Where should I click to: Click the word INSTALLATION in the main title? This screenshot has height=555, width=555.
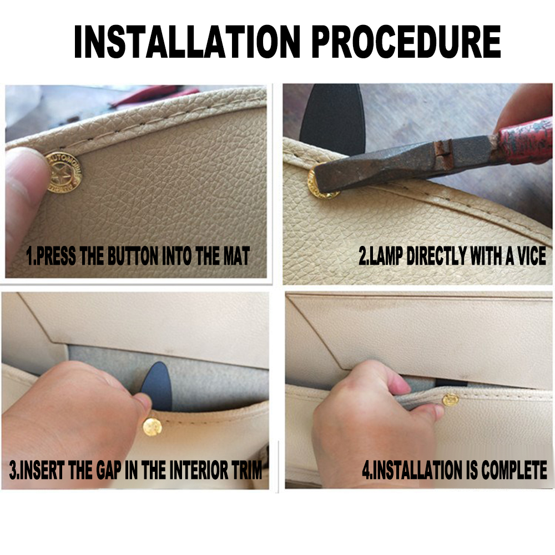[187, 42]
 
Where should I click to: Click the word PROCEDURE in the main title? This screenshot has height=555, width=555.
[406, 42]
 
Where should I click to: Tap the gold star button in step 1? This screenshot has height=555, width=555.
[64, 173]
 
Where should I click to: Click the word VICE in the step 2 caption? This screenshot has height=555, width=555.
[532, 255]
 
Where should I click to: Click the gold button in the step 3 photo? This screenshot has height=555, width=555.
[153, 426]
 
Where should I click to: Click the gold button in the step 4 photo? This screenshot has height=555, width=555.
[451, 400]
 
